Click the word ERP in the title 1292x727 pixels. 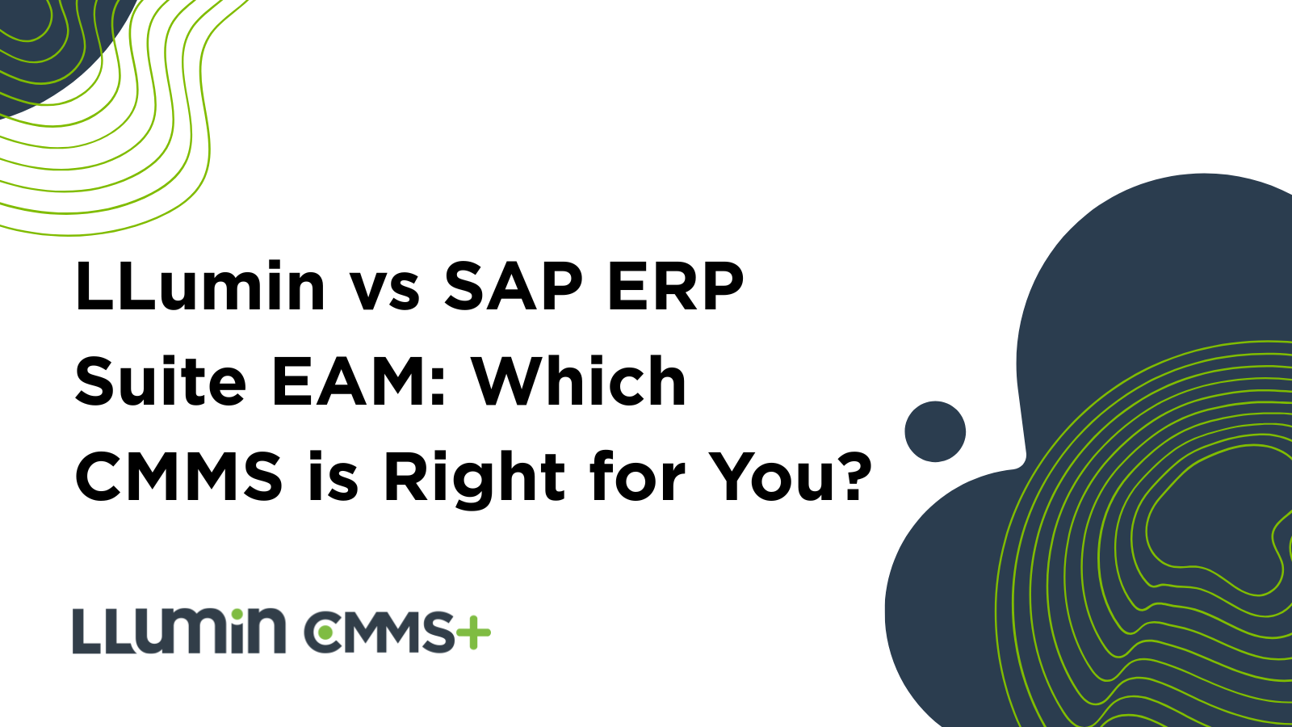pos(675,286)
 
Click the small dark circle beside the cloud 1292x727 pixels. pos(935,431)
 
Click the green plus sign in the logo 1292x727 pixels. pos(473,632)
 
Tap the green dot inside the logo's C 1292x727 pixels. pos(325,632)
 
